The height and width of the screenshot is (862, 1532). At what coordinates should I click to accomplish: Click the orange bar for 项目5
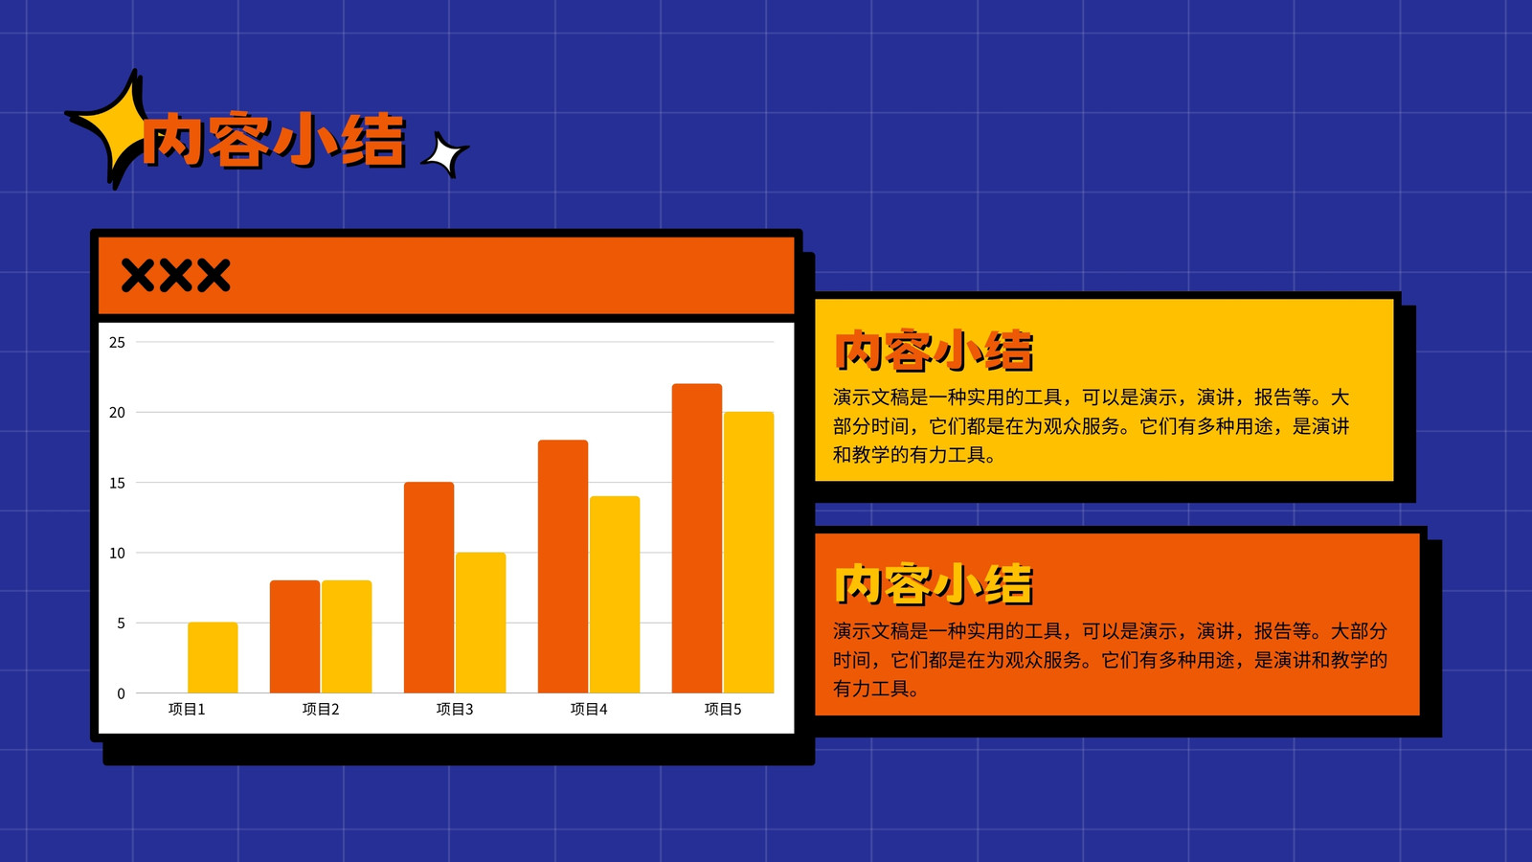click(697, 538)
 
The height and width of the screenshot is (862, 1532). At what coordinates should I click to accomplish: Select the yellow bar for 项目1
click(213, 657)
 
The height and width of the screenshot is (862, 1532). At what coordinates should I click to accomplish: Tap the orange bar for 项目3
click(429, 588)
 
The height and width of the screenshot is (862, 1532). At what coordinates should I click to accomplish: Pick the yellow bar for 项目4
click(615, 595)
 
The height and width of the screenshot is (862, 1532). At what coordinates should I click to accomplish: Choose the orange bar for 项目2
click(295, 637)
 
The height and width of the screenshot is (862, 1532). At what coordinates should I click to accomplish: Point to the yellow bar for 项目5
click(749, 553)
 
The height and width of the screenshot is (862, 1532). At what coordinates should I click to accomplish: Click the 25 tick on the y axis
click(117, 342)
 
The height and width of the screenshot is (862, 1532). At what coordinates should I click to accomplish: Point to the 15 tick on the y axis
click(117, 483)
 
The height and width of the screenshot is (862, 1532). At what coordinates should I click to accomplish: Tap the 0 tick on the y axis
click(121, 693)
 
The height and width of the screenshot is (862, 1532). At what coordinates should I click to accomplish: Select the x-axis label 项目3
click(455, 710)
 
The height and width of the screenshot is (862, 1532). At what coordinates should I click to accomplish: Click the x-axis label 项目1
click(187, 710)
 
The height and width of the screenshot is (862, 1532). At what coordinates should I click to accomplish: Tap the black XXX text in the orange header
click(176, 276)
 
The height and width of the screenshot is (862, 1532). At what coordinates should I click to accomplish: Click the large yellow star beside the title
click(109, 128)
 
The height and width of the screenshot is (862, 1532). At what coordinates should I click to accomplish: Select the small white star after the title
click(445, 154)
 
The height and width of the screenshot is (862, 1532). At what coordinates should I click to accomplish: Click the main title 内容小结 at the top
click(275, 140)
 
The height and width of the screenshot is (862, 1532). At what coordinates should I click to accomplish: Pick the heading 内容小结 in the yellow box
click(935, 351)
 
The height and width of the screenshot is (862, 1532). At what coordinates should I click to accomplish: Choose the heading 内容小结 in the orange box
click(935, 584)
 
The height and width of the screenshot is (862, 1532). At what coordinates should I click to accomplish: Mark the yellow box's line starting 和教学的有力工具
click(914, 455)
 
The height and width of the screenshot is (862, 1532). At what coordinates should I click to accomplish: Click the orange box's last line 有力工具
click(876, 689)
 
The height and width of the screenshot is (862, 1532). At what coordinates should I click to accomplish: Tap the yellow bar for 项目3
click(481, 623)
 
